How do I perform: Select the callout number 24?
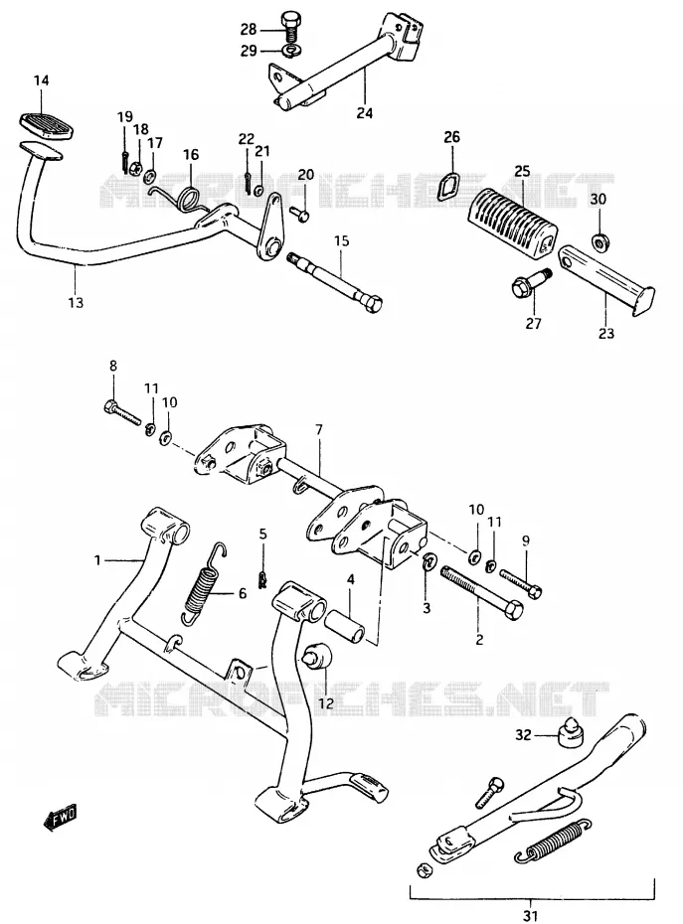pyautogui.click(x=365, y=112)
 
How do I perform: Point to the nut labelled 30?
pyautogui.click(x=600, y=240)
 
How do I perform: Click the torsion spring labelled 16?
pyautogui.click(x=184, y=199)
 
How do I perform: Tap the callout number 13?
pyautogui.click(x=76, y=303)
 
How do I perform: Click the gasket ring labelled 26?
pyautogui.click(x=450, y=184)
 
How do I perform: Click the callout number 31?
pyautogui.click(x=530, y=916)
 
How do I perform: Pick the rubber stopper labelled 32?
pyautogui.click(x=568, y=732)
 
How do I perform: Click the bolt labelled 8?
pyautogui.click(x=122, y=412)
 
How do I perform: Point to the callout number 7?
pyautogui.click(x=319, y=430)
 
